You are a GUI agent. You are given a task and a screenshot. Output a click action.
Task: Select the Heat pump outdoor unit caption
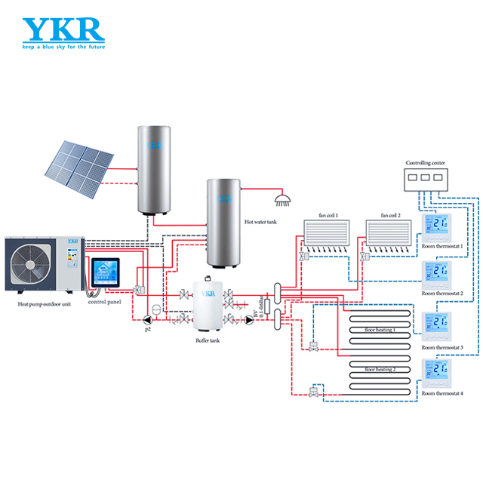point(45,304)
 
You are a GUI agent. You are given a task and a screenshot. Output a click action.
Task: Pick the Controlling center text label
point(426,163)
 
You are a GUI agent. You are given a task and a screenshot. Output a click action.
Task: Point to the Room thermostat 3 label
point(442,347)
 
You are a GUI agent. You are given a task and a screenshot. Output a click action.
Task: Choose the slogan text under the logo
point(63,48)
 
